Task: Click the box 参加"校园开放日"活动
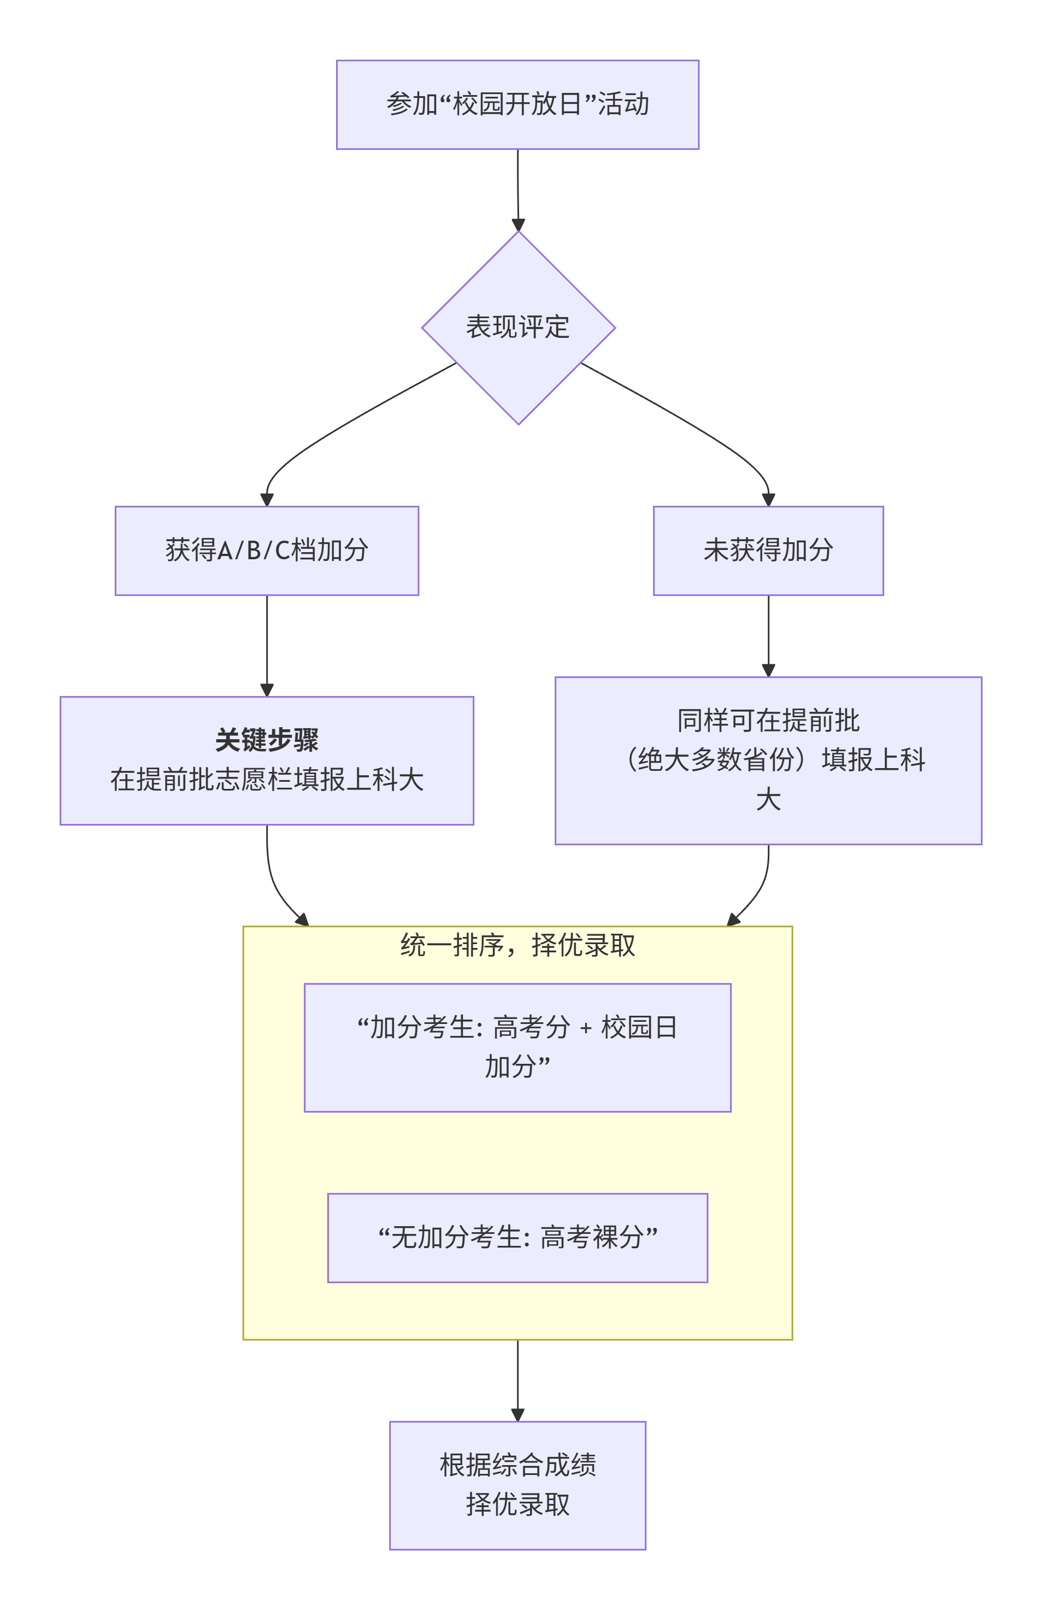[517, 104]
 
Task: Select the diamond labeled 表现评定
[517, 327]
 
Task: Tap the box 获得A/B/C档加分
[267, 550]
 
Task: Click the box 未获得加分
[768, 550]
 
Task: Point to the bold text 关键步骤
[267, 739]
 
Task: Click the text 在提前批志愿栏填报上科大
[267, 779]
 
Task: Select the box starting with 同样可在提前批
[768, 760]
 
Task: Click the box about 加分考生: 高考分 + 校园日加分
[517, 1046]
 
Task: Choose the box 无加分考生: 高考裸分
[517, 1237]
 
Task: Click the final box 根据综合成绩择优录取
[517, 1485]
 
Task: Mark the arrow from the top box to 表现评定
[518, 189]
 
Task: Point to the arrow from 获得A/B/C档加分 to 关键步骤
[267, 643]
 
